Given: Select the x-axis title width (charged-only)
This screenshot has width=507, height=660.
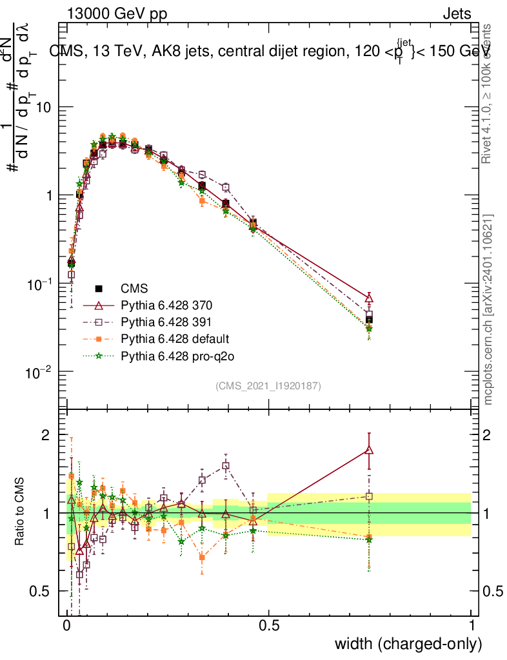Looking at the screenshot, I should [408, 644].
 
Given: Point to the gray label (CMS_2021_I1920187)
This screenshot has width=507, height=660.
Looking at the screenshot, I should [268, 385].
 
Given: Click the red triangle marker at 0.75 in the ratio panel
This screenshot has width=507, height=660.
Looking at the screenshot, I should [369, 451].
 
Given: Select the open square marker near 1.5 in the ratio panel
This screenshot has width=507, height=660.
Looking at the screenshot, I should [226, 465].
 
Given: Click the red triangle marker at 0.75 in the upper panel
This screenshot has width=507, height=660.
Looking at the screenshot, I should [369, 298].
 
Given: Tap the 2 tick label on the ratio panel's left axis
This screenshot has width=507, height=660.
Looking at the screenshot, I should [45, 435].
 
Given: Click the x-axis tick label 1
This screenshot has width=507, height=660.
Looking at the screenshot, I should [472, 626].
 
